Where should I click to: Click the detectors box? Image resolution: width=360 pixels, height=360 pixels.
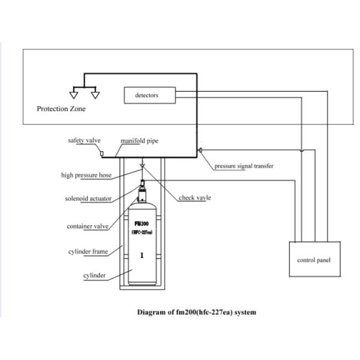[150, 95]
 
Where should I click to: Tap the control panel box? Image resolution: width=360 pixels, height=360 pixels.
[314, 260]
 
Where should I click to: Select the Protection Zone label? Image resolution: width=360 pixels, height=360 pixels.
[61, 109]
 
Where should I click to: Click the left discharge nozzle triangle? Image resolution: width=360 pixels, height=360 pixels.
[73, 94]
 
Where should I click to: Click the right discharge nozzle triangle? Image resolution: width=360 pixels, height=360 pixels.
[94, 94]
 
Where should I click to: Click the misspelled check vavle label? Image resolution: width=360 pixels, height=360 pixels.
[195, 198]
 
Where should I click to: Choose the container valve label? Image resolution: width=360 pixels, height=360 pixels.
[88, 226]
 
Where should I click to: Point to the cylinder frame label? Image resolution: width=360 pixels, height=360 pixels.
[88, 251]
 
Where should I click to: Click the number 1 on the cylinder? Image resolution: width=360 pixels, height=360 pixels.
[142, 255]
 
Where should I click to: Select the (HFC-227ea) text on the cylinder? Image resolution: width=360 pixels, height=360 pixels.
[142, 231]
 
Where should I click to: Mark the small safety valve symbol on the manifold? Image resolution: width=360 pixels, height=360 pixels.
[101, 154]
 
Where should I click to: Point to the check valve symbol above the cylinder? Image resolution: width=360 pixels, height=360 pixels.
[142, 165]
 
